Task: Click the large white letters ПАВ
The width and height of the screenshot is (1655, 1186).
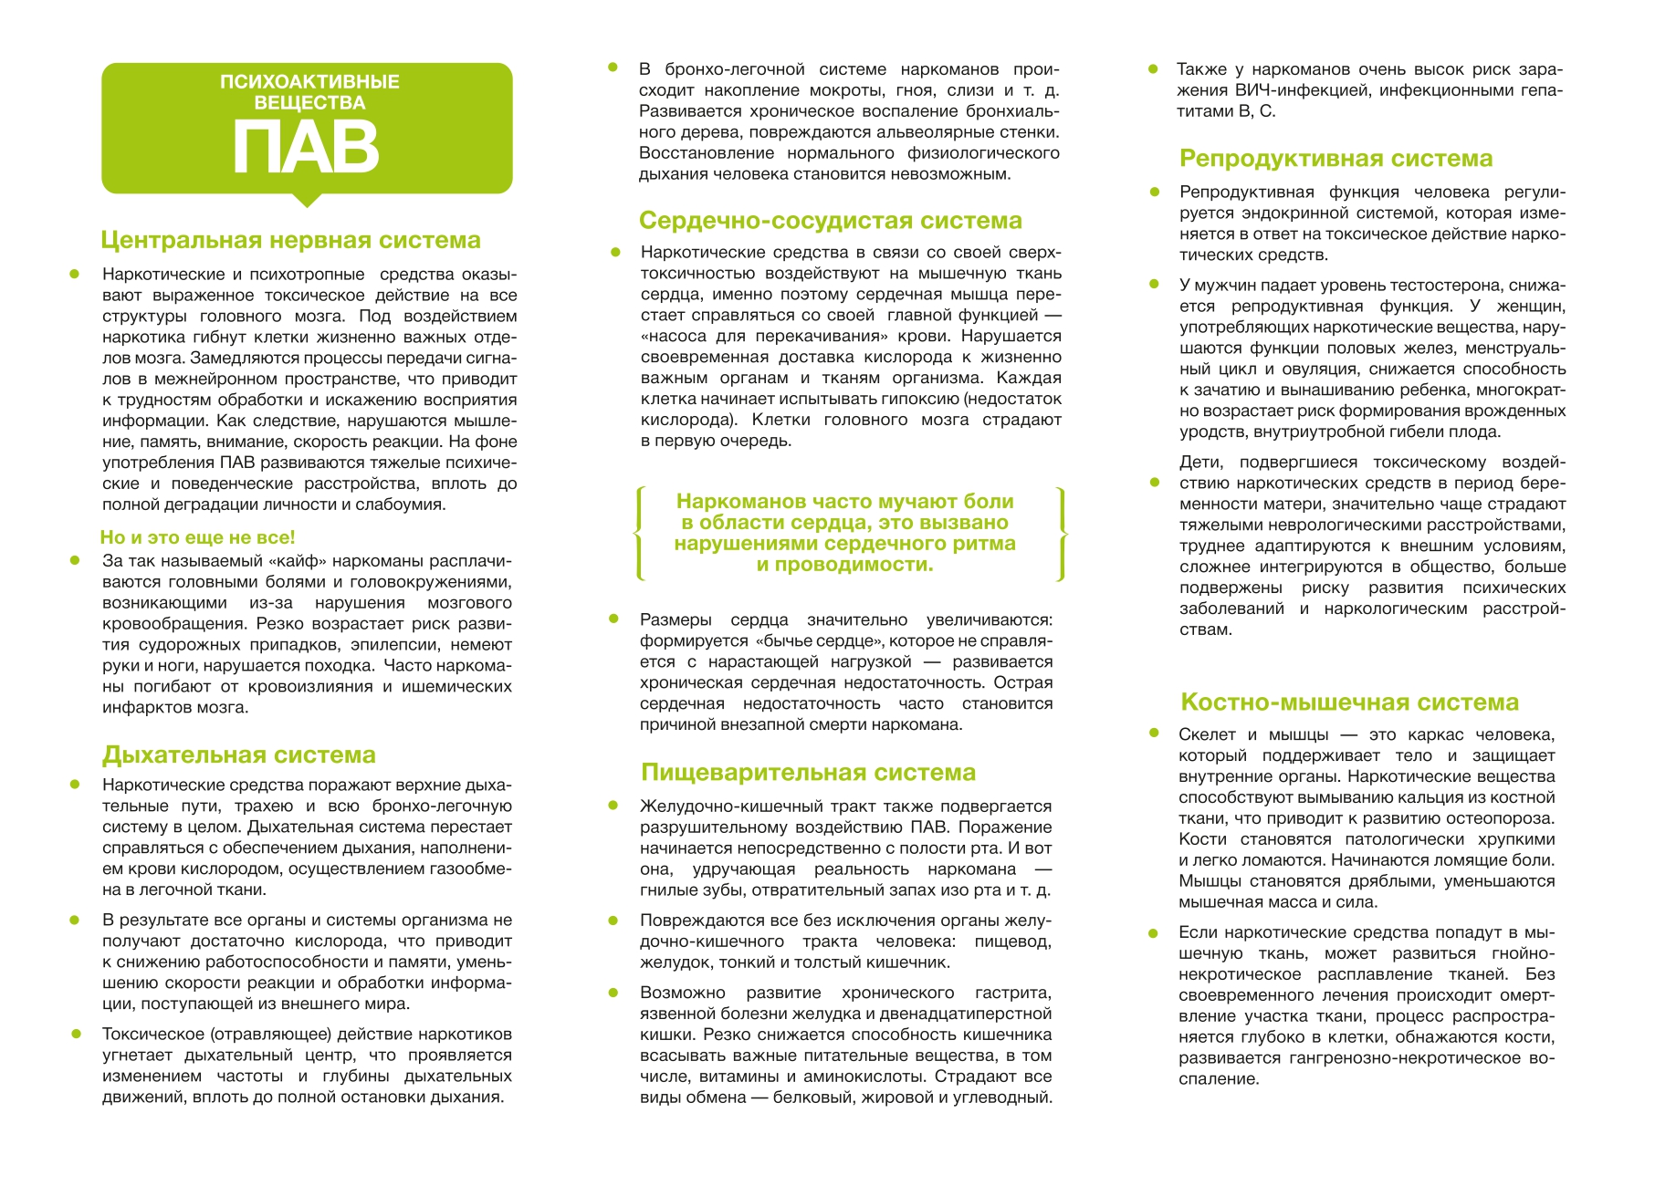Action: pos(306,147)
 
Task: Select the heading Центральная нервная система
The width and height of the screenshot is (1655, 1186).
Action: pos(290,240)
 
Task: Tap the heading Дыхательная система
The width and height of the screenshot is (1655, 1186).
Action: pos(238,754)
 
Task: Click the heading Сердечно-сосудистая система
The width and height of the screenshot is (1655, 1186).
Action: pos(830,220)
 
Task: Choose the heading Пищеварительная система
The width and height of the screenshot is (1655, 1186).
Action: pos(808,772)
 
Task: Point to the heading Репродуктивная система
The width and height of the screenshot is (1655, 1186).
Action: pos(1336,158)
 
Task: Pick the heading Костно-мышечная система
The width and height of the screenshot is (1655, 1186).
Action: pos(1349,702)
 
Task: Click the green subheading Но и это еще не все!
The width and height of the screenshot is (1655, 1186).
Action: pos(197,537)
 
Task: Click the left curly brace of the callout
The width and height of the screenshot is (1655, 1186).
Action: pos(639,534)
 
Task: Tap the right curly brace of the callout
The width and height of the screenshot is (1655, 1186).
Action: pos(1060,534)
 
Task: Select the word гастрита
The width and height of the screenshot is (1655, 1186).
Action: pos(1013,993)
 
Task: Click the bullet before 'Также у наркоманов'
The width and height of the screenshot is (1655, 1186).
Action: pos(1153,69)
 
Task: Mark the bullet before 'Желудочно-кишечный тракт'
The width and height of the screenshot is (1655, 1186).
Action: pos(613,806)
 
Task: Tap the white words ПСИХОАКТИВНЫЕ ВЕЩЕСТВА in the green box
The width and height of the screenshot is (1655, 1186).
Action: pos(309,92)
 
